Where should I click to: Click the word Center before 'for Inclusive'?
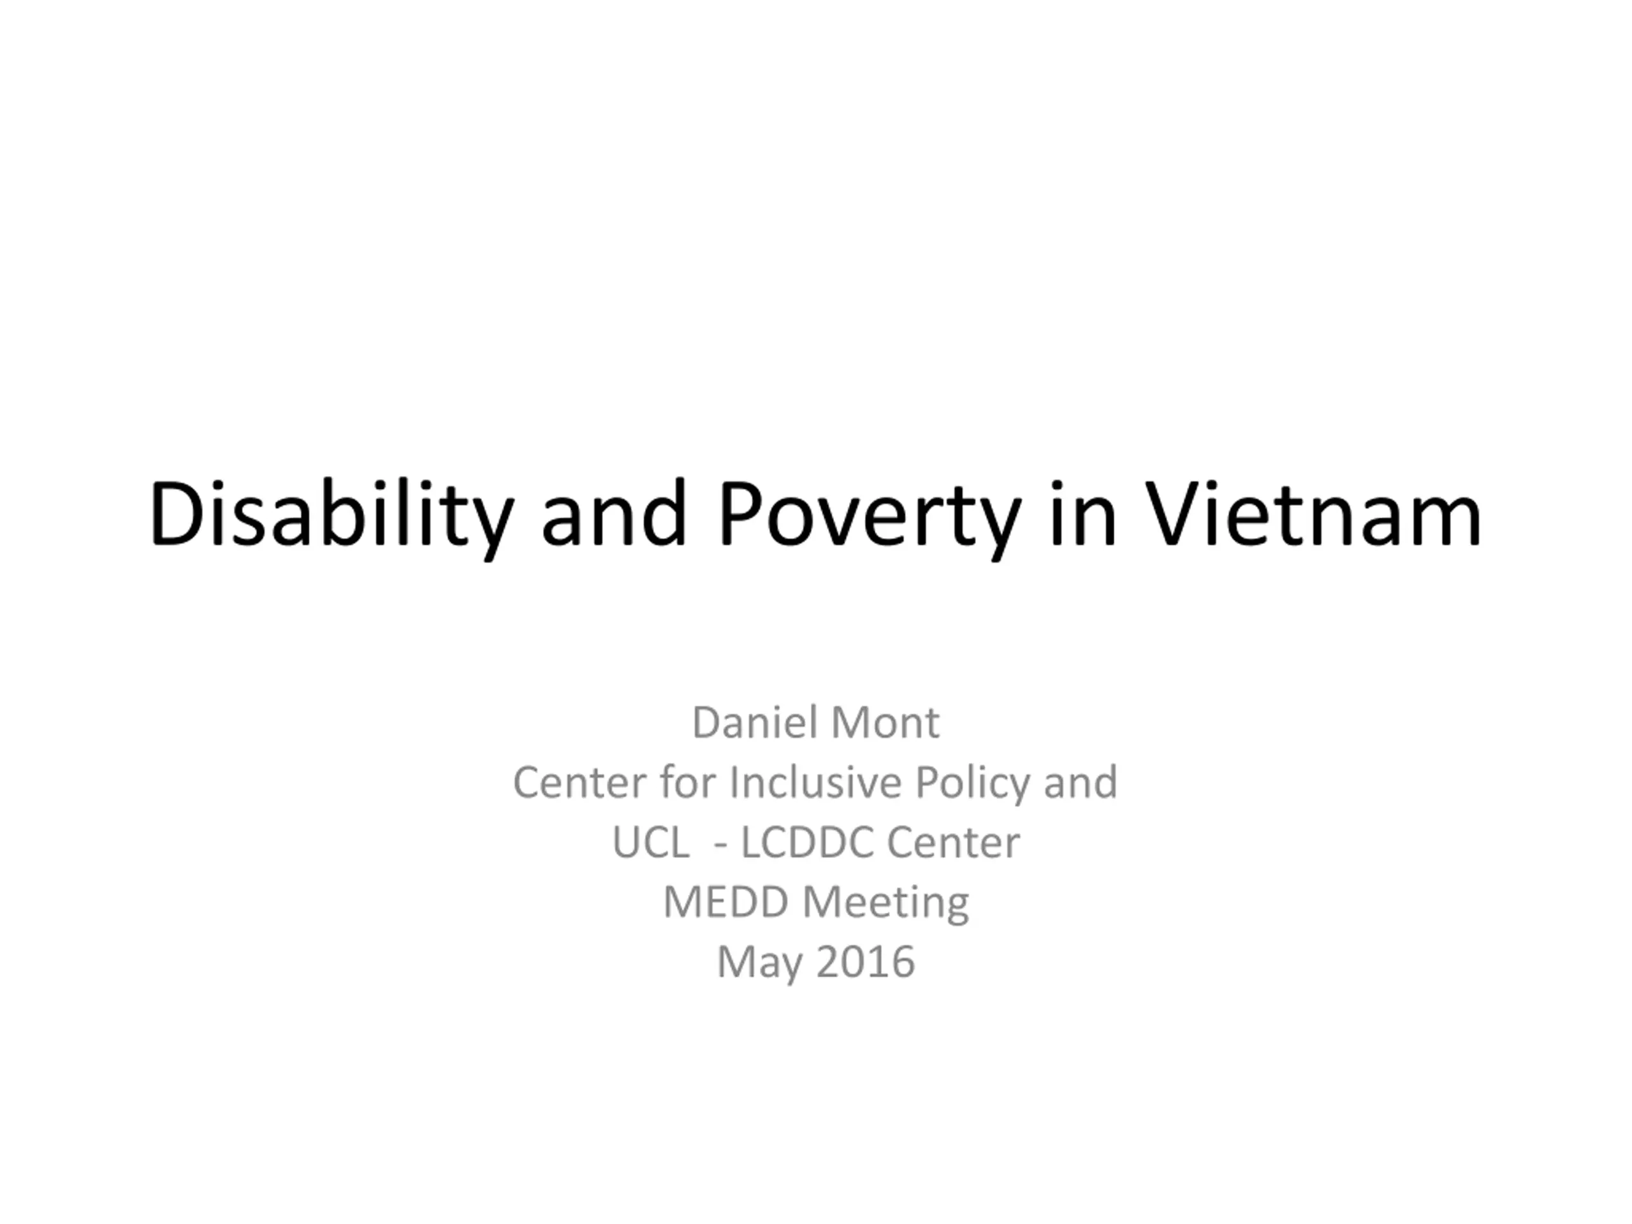tap(579, 782)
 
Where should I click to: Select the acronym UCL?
tap(651, 842)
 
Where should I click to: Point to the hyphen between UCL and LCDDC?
tap(721, 845)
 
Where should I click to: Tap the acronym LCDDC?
tap(806, 842)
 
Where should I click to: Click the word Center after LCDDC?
tap(953, 842)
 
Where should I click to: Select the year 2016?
tap(866, 962)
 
